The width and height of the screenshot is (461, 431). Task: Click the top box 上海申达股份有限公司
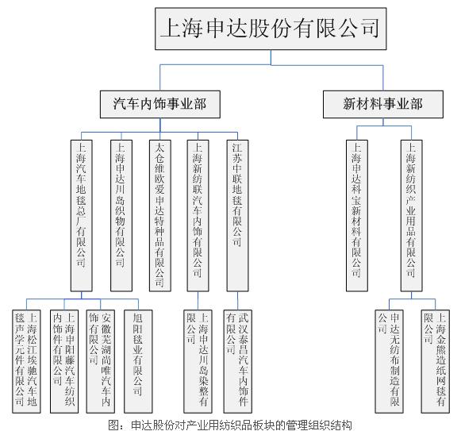click(271, 29)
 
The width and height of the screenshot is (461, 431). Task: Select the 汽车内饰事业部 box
click(160, 104)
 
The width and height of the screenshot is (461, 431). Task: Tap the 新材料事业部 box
click(383, 104)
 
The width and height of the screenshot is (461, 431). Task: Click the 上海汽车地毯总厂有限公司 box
click(82, 216)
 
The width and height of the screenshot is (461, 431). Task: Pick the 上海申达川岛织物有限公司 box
click(121, 216)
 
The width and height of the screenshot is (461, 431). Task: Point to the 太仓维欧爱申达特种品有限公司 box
click(160, 216)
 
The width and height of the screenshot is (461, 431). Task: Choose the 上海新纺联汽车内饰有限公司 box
click(198, 216)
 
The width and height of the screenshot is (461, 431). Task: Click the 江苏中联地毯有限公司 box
click(237, 216)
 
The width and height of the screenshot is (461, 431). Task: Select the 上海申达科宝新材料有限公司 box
click(357, 216)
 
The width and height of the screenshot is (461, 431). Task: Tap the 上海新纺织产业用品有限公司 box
click(411, 216)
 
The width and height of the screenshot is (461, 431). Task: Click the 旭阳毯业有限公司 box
click(138, 361)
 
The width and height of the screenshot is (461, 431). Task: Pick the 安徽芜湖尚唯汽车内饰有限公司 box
click(100, 361)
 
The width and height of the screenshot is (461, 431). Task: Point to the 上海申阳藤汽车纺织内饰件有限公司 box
click(64, 361)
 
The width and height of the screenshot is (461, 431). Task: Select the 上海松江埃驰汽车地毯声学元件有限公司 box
click(26, 361)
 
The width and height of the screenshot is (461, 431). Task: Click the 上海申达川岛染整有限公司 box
click(198, 361)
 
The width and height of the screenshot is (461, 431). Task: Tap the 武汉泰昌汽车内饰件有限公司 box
click(237, 361)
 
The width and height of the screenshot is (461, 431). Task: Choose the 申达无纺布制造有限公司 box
click(389, 361)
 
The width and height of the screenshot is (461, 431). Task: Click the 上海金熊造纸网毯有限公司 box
click(436, 361)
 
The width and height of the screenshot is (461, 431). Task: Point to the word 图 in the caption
click(113, 425)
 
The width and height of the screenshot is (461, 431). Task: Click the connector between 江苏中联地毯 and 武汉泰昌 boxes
click(237, 301)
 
